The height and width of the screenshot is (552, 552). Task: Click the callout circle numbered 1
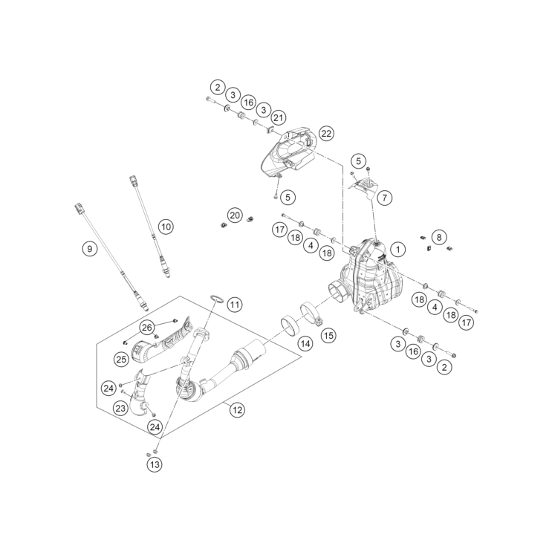398,250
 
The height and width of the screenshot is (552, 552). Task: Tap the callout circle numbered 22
326,134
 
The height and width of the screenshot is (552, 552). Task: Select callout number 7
384,198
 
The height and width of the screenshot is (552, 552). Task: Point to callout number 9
89,249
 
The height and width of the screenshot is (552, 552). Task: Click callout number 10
166,227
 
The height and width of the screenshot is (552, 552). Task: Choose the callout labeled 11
235,304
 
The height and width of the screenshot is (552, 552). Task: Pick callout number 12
237,410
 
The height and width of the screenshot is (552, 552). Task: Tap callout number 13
155,464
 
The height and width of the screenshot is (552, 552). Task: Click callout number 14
305,343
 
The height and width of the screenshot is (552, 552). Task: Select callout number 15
328,335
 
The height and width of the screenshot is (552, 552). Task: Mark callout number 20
235,215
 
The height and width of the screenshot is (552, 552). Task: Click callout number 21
278,117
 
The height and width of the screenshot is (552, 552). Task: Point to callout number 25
121,360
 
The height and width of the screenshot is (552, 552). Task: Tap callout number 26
146,328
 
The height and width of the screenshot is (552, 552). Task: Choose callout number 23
120,409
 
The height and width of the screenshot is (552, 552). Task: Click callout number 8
438,237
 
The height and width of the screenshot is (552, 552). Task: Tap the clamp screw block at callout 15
319,321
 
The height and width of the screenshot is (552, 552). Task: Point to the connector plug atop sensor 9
79,208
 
